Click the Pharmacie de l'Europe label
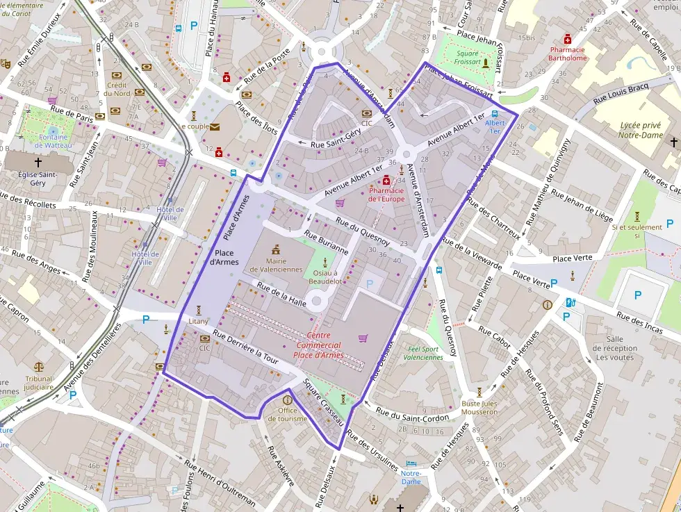pos(386,195)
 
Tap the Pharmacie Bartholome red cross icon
pos(567,40)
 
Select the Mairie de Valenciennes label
pos(276,265)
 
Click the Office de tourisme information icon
pos(287,400)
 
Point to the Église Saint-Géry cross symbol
pos(38,160)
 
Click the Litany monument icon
pos(198,310)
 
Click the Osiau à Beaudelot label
pos(324,277)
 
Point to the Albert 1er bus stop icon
pos(495,115)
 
